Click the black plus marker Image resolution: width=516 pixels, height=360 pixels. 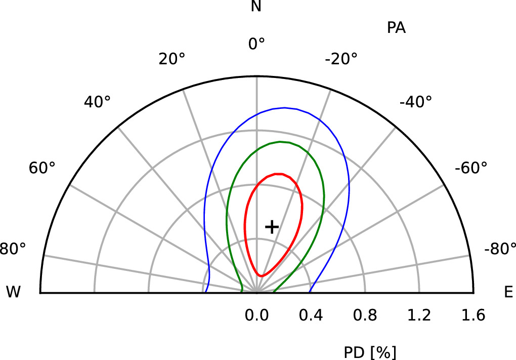click(x=272, y=227)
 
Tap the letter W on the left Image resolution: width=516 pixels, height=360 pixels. click(x=14, y=292)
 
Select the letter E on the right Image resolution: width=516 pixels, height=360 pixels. click(x=508, y=292)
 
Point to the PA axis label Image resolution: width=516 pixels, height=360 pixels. click(x=396, y=28)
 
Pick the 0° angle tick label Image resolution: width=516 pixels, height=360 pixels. click(x=256, y=45)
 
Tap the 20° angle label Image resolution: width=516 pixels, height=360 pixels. click(x=171, y=59)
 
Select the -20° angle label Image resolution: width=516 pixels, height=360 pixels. click(x=341, y=59)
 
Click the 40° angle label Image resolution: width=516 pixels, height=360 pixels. click(x=97, y=102)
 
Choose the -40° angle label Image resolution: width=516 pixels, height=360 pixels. click(x=415, y=102)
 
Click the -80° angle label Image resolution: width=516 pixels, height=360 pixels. click(x=499, y=249)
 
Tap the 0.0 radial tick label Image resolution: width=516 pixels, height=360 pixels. click(x=256, y=316)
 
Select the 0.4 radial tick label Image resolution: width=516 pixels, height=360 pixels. click(x=311, y=316)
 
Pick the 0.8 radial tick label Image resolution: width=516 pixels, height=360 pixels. click(x=365, y=316)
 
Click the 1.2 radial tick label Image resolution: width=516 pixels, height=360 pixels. click(x=419, y=316)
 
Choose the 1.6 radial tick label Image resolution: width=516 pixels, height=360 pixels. click(x=474, y=316)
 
